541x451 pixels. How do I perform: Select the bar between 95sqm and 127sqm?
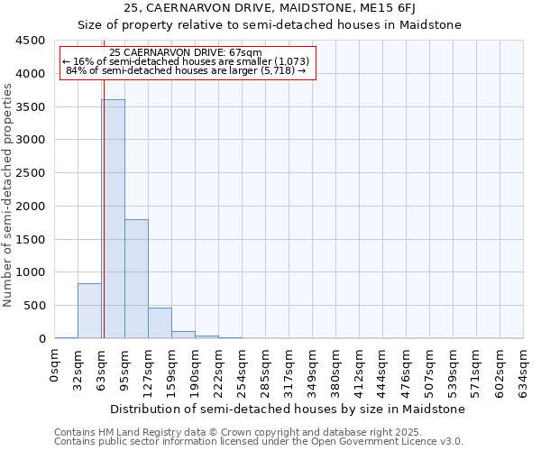(x=136, y=279)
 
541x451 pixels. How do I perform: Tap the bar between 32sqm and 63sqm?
(x=89, y=311)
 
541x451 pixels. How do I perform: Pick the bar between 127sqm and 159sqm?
(x=160, y=323)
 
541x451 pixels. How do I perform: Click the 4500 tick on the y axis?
(x=31, y=41)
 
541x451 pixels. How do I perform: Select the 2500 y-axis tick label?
(x=31, y=173)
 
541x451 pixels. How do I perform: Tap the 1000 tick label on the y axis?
(x=31, y=272)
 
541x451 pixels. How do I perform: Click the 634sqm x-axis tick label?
(x=524, y=368)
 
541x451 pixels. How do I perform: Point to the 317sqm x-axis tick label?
(x=289, y=368)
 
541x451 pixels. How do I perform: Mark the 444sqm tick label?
(x=383, y=368)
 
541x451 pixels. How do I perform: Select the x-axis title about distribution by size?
(x=289, y=409)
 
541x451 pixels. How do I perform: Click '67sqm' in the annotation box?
(x=243, y=53)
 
